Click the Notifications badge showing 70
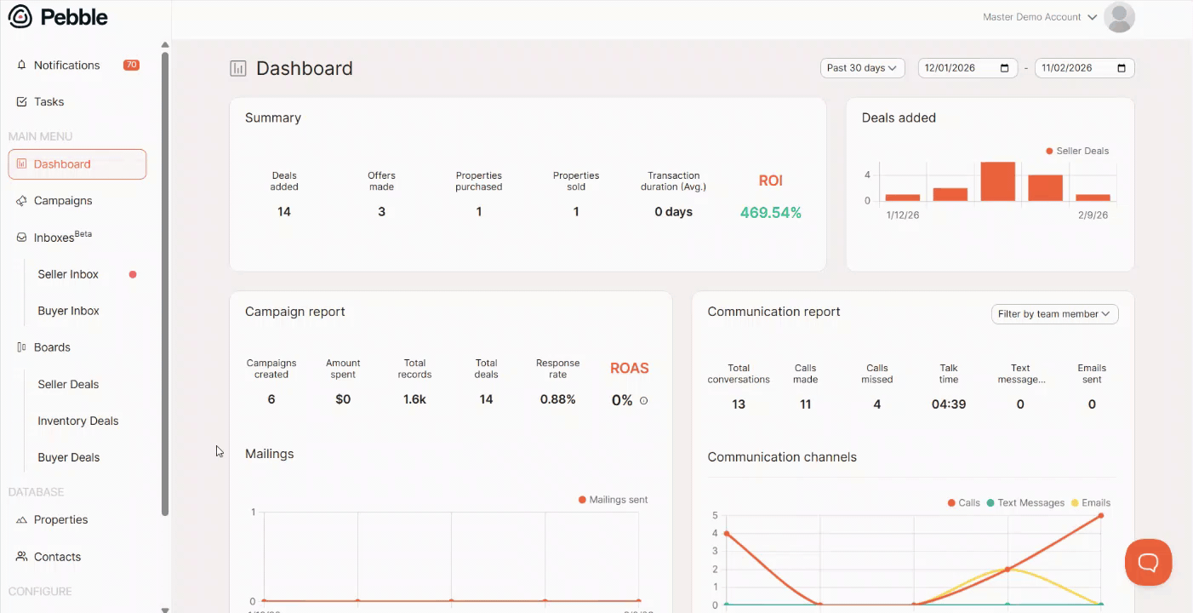pyautogui.click(x=131, y=65)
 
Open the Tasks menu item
pyautogui.click(x=49, y=101)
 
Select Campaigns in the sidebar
pyautogui.click(x=62, y=201)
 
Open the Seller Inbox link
pyautogui.click(x=68, y=274)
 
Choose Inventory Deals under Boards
pyautogui.click(x=77, y=421)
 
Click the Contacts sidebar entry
pyautogui.click(x=57, y=557)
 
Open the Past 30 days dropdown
pyautogui.click(x=862, y=68)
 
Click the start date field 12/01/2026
pyautogui.click(x=968, y=68)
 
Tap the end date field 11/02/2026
pyautogui.click(x=1084, y=68)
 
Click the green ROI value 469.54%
pyautogui.click(x=770, y=213)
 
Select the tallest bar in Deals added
pyautogui.click(x=997, y=181)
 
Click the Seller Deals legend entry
pyautogui.click(x=1077, y=151)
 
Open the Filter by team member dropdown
pyautogui.click(x=1054, y=314)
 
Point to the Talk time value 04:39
pyautogui.click(x=948, y=404)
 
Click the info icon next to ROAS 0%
pyautogui.click(x=643, y=400)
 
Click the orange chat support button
pyautogui.click(x=1148, y=562)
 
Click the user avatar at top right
pyautogui.click(x=1119, y=17)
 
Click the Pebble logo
pyautogui.click(x=58, y=16)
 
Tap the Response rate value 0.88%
pyautogui.click(x=557, y=399)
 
